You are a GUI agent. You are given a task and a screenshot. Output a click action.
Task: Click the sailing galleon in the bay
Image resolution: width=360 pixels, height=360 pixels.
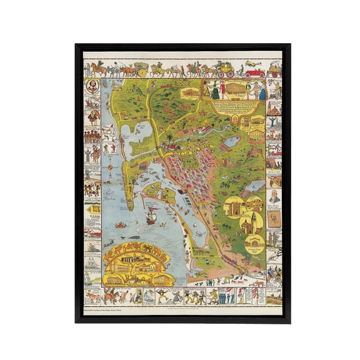(x=151, y=217)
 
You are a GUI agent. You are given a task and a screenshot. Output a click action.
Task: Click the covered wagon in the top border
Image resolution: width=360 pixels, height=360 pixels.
(x=142, y=69)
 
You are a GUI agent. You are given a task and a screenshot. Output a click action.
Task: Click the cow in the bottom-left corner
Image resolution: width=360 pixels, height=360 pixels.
(x=92, y=295)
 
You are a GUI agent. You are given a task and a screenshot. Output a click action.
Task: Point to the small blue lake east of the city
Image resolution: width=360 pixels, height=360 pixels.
(x=232, y=142)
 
